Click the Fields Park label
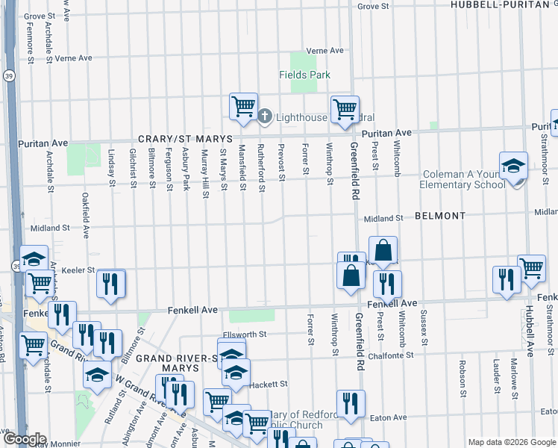pos(304,75)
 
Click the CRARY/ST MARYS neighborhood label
pos(185,140)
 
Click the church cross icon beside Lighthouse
pos(266,116)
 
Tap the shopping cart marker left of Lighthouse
pos(243,106)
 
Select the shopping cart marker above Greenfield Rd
pos(345,109)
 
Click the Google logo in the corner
pos(24,439)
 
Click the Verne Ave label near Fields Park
pos(325,51)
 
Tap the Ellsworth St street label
pos(244,335)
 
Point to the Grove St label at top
pos(373,6)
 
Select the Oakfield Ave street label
pos(86,217)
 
